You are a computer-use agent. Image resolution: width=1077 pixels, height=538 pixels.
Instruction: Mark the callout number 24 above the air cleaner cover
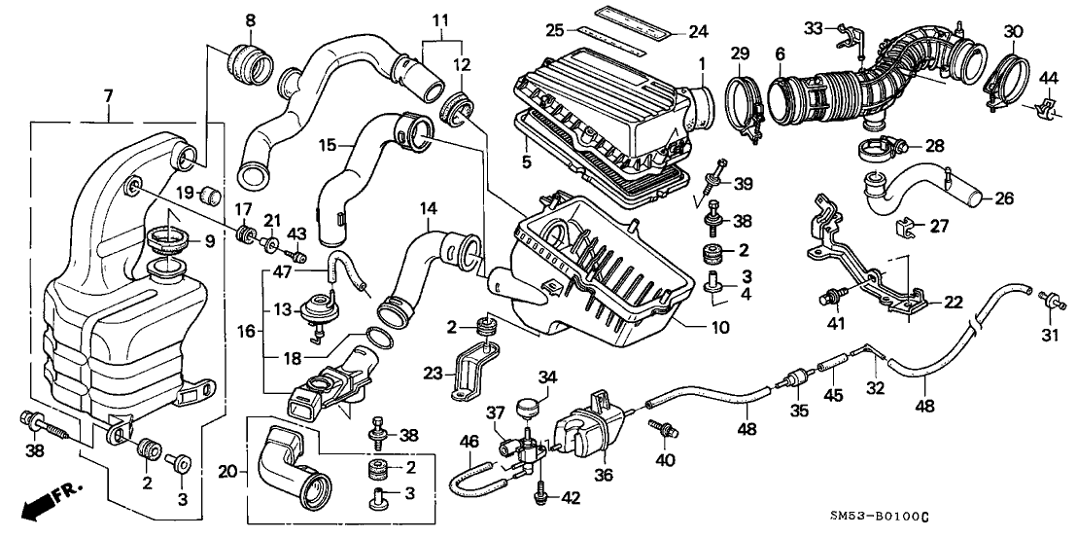[x=699, y=30]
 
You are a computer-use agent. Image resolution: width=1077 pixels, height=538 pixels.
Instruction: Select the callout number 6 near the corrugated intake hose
[x=779, y=56]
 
